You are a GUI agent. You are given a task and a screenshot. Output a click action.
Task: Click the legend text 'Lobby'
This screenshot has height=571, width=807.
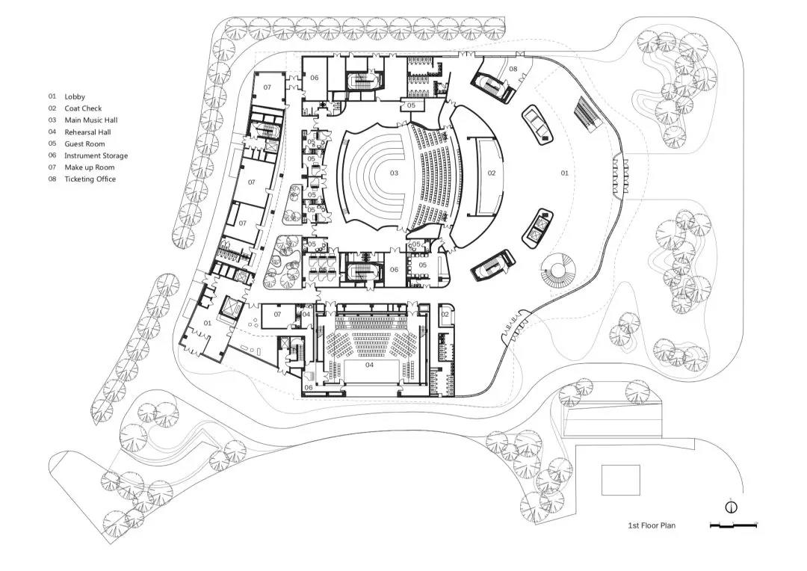tap(75, 96)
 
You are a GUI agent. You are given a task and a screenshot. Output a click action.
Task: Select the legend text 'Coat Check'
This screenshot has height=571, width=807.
tap(83, 108)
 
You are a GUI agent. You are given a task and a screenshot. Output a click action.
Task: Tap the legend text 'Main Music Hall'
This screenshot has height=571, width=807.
tap(91, 120)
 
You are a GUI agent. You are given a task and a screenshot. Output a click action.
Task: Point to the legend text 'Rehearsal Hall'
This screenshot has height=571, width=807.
tap(87, 132)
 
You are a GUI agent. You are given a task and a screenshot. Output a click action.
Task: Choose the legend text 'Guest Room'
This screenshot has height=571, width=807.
tap(84, 144)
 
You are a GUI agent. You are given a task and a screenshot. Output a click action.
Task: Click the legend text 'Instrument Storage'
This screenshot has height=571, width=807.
tap(96, 155)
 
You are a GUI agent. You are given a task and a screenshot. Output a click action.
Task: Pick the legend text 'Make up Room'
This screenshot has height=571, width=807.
tap(90, 167)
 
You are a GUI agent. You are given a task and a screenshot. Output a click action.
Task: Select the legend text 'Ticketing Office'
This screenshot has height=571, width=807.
tap(90, 179)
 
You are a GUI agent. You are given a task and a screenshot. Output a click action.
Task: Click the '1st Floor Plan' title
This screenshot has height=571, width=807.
tap(652, 526)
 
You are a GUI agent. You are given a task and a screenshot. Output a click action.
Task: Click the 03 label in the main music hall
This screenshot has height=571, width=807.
tap(394, 173)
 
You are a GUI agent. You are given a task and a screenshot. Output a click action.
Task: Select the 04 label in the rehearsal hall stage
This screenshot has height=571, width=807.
tap(369, 365)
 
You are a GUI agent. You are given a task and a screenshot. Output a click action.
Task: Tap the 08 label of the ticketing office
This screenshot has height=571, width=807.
tap(513, 69)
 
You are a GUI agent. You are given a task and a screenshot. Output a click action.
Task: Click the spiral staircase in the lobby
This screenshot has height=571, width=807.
tap(558, 270)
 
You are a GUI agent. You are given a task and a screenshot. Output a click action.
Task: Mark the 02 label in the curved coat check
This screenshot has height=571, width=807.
tap(491, 173)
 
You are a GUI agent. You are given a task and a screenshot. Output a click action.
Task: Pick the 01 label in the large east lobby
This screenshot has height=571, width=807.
tap(565, 173)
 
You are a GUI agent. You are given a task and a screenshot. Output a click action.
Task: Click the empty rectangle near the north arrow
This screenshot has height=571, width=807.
tap(621, 479)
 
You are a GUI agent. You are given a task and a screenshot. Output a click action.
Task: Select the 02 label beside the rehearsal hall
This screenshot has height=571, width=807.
tap(445, 315)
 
